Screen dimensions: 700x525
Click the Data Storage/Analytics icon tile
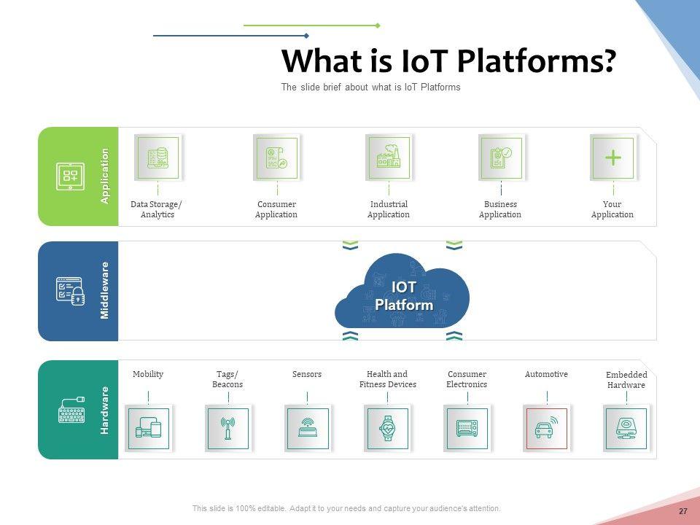click(158, 158)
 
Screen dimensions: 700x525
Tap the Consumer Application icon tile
click(277, 158)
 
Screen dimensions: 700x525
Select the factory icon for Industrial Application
click(389, 156)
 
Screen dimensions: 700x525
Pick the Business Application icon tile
click(502, 158)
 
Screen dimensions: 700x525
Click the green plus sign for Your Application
click(613, 157)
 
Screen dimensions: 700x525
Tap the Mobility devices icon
click(148, 429)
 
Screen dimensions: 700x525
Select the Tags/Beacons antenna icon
click(227, 429)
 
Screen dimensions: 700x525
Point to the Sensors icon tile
click(308, 429)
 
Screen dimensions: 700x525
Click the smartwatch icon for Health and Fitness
click(387, 429)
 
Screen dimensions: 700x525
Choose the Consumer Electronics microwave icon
click(467, 429)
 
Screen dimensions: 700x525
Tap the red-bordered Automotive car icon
click(546, 429)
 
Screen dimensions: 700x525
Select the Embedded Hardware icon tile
click(626, 429)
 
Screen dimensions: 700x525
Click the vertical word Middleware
click(104, 291)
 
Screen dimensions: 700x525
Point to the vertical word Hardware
click(104, 411)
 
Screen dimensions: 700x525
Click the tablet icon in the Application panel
click(70, 176)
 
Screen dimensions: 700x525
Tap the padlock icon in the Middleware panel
click(78, 296)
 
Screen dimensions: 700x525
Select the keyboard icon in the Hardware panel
click(71, 410)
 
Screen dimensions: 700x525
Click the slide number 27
click(683, 511)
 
